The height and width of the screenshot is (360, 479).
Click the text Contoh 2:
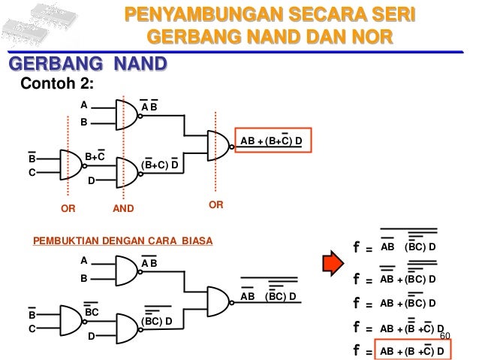[55, 83]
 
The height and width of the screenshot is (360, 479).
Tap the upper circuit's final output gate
[218, 145]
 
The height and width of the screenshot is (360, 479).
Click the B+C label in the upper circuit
[94, 156]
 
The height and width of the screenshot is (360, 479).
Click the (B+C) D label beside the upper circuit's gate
[159, 165]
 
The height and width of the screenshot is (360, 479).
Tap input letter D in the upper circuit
[91, 180]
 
